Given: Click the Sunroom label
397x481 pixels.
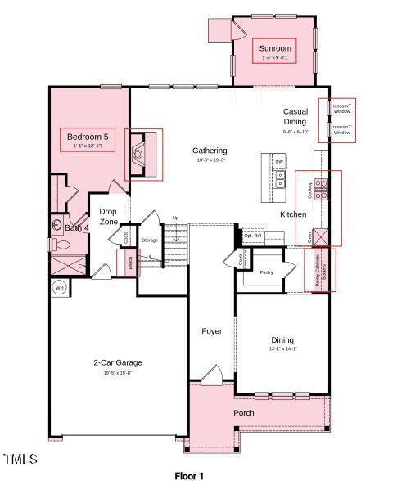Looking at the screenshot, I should click(x=276, y=49).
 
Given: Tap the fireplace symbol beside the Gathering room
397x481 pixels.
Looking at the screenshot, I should click(x=140, y=152).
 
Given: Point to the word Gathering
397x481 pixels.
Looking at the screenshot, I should click(x=210, y=151).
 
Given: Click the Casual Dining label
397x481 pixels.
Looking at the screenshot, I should click(x=295, y=116).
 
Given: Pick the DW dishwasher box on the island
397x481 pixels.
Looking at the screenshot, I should click(x=279, y=162).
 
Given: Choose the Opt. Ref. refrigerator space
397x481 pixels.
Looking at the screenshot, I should click(x=253, y=236).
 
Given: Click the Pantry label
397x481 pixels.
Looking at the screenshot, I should click(x=266, y=272).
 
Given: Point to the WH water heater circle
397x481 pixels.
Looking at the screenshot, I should click(x=59, y=288).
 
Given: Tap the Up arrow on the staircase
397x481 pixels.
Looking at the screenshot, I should click(x=174, y=218).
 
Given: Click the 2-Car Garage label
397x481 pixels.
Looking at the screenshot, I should click(x=118, y=362).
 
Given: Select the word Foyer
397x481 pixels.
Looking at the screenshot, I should click(x=212, y=331).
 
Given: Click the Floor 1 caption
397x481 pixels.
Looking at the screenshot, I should click(x=189, y=475).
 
